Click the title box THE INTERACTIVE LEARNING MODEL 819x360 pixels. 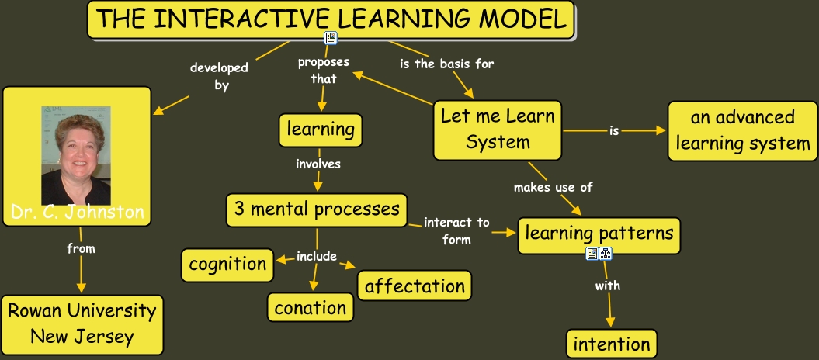tap(331, 19)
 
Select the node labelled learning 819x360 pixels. tap(321, 130)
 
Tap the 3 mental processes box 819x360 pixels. tap(317, 209)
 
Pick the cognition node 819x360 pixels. tap(228, 264)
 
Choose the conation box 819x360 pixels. tap(311, 307)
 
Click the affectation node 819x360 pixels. tap(415, 285)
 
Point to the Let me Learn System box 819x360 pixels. tap(498, 129)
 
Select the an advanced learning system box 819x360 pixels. tap(743, 130)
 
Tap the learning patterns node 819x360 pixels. tap(599, 232)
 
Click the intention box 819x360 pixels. tap(612, 343)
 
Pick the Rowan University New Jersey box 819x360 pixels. tap(82, 324)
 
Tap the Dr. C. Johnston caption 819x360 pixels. tap(77, 213)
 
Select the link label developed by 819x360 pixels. tap(220, 77)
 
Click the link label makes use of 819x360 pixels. tap(554, 187)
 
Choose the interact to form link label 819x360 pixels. tap(456, 230)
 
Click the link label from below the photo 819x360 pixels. tap(81, 249)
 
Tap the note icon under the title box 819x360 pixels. tap(331, 37)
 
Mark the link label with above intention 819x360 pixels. tap(608, 286)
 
